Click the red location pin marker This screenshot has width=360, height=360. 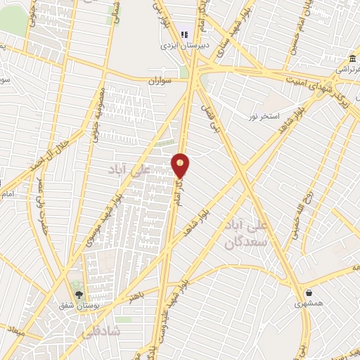coord(181,165)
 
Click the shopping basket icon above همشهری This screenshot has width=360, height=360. coord(308,292)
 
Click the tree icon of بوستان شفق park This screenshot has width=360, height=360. coord(78,294)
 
